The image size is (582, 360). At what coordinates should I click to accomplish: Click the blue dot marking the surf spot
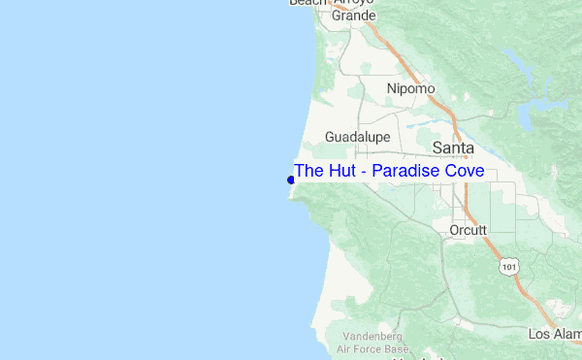pos(291,180)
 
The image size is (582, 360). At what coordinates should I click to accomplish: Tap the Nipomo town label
pos(410,88)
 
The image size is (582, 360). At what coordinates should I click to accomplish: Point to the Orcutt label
pos(469,230)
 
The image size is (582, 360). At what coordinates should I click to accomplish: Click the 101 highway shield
pos(509,264)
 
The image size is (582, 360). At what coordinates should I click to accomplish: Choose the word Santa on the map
pos(452,147)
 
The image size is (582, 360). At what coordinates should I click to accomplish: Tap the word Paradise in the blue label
pos(408,171)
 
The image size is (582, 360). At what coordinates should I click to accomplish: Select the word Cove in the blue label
pos(466,171)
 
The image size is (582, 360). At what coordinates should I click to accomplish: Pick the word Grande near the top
pos(353,16)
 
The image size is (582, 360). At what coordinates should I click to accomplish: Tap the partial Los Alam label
pos(554,334)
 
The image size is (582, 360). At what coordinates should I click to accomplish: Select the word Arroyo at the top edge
pos(354,3)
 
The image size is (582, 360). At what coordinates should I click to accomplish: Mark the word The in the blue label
pos(307,171)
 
